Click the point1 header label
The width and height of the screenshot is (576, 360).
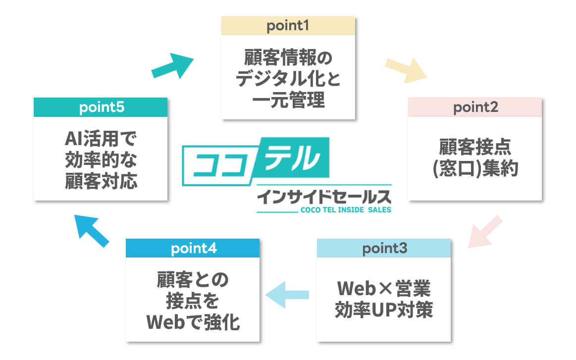coord(288,26)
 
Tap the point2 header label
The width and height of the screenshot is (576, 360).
coord(475,107)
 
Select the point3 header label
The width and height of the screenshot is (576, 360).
coord(384,248)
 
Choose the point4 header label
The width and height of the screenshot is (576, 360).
coord(193,248)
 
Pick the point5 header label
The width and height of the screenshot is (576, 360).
coord(101,107)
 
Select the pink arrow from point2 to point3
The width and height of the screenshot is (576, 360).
coord(485,231)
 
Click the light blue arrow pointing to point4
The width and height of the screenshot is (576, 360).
coord(287,295)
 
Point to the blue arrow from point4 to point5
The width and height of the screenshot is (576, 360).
coord(91,230)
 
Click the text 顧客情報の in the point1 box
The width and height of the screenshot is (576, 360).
coord(288,58)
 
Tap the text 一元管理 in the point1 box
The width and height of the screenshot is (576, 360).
coord(288,101)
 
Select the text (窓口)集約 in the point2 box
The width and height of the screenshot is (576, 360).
coord(475,169)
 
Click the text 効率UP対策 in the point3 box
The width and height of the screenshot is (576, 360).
coord(384,310)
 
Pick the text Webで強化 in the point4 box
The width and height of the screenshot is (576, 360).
coord(193,322)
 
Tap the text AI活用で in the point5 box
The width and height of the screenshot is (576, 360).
coord(101,139)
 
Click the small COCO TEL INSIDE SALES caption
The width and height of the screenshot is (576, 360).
coord(346,210)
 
